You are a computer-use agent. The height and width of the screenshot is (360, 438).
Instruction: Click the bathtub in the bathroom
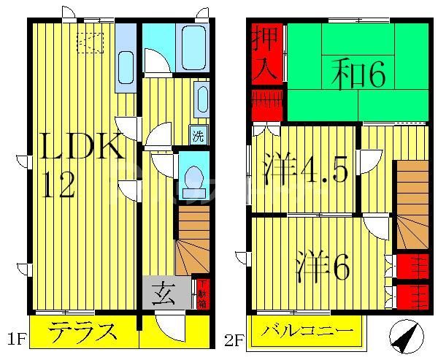192,47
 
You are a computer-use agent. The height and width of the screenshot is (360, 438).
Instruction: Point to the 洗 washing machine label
198,134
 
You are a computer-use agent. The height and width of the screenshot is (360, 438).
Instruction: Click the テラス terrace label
83,334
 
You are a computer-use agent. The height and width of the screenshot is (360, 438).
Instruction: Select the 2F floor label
234,340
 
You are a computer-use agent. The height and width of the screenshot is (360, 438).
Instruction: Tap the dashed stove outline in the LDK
90,42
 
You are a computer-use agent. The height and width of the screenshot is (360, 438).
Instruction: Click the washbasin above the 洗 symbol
201,100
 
